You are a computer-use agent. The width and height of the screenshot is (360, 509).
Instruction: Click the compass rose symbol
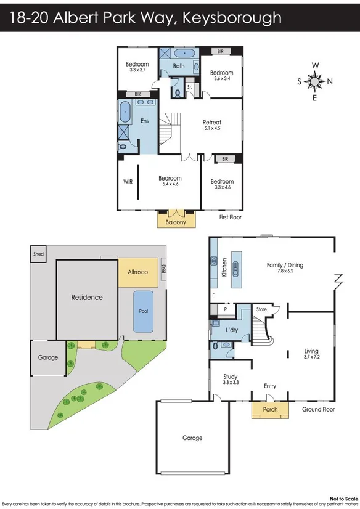[315, 81]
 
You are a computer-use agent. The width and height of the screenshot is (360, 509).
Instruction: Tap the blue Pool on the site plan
[144, 311]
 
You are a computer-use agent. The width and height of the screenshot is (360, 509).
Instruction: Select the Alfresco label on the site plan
[137, 271]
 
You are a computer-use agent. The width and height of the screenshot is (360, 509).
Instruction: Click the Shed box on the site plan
[38, 253]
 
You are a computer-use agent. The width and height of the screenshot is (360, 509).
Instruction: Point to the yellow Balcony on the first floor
[176, 222]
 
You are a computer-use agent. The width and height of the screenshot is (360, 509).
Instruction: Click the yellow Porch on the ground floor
[270, 409]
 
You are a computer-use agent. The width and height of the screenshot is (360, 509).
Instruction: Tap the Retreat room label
[212, 123]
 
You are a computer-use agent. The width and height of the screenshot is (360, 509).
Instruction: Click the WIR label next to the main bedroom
[128, 182]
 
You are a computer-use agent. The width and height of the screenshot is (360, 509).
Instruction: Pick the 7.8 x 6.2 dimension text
[285, 272]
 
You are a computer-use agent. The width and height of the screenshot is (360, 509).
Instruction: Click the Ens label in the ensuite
[145, 121]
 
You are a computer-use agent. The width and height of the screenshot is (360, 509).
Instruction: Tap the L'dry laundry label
[232, 330]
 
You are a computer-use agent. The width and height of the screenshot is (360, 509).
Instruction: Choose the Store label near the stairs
[261, 309]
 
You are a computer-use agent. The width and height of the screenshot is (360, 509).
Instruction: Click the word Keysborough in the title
[234, 18]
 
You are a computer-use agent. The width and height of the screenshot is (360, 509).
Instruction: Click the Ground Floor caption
[319, 409]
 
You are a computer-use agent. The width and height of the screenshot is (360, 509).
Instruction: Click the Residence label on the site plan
[87, 297]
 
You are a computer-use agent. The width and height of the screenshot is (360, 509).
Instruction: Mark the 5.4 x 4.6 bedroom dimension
[170, 184]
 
